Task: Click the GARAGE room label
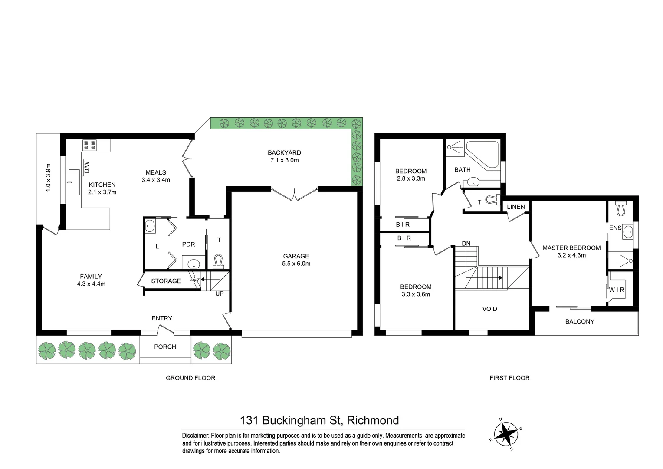pyautogui.click(x=296, y=256)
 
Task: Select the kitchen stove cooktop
pyautogui.click(x=90, y=145)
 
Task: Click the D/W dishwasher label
pyautogui.click(x=86, y=166)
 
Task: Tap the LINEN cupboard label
pyautogui.click(x=515, y=207)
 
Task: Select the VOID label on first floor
pyautogui.click(x=489, y=309)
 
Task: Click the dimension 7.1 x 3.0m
pyautogui.click(x=284, y=160)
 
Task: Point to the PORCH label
pyautogui.click(x=165, y=347)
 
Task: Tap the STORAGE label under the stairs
pyautogui.click(x=166, y=281)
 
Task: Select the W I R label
pyautogui.click(x=616, y=290)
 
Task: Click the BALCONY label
pyautogui.click(x=579, y=322)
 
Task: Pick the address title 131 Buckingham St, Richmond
pyautogui.click(x=319, y=420)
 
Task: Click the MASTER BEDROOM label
pyautogui.click(x=571, y=248)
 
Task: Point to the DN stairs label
pyautogui.click(x=466, y=244)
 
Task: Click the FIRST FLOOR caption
pyautogui.click(x=509, y=378)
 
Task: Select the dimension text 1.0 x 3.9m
pyautogui.click(x=48, y=178)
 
